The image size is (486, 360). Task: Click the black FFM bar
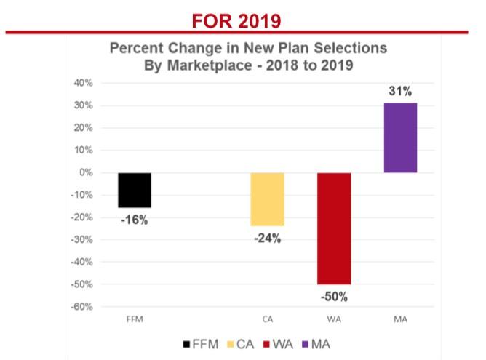(135, 190)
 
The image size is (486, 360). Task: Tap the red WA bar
(335, 228)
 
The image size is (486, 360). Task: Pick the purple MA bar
(401, 137)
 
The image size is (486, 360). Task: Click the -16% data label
(134, 219)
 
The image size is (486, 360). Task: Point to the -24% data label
(268, 238)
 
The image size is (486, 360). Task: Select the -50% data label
(335, 296)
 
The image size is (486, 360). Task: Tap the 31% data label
(401, 92)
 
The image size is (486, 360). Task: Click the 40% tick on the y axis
(84, 83)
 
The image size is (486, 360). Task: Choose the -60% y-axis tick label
(82, 306)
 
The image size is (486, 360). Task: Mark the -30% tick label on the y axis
(82, 239)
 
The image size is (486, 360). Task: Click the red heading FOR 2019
(236, 20)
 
